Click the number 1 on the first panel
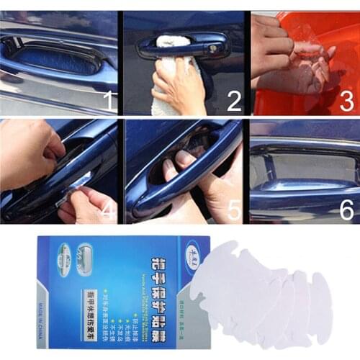click(109, 100)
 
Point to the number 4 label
click(109, 211)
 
